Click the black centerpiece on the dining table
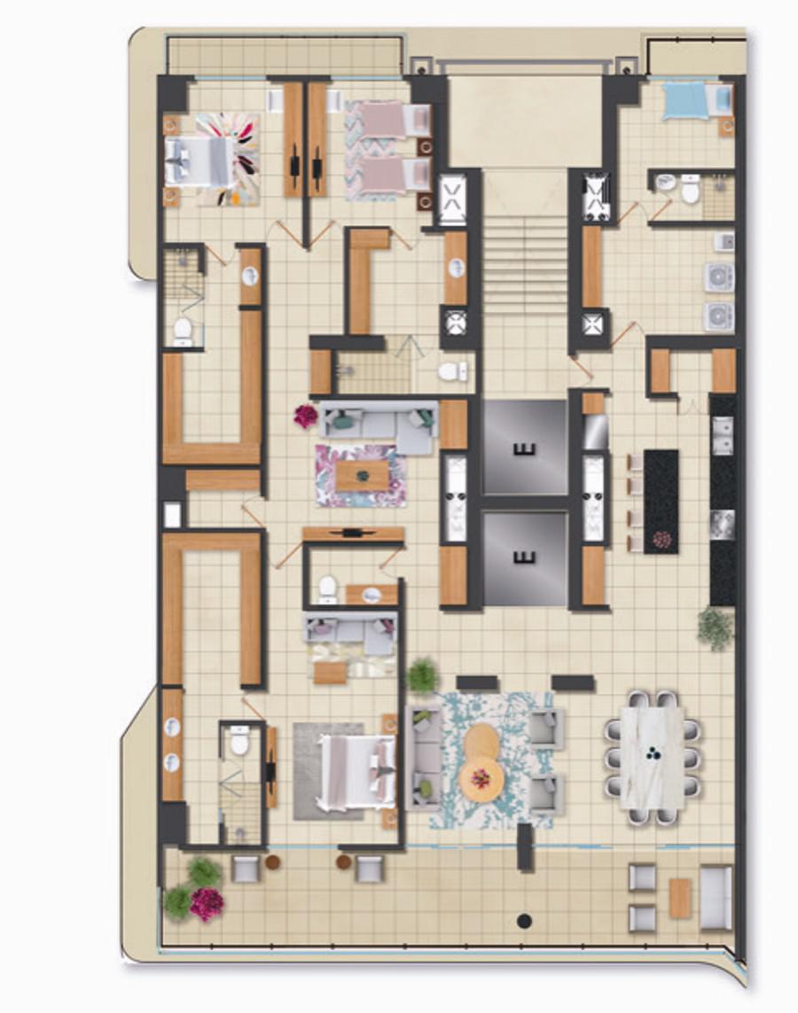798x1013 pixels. tap(652, 752)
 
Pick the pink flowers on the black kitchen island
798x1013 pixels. tap(661, 539)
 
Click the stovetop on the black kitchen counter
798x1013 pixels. tap(723, 524)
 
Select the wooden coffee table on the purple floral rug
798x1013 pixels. tap(363, 476)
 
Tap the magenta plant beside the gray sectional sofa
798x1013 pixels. tap(306, 416)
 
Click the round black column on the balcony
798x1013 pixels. tap(524, 921)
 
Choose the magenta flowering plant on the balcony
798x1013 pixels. tap(206, 903)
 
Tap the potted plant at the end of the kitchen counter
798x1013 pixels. tap(716, 628)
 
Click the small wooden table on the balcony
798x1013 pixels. tap(680, 898)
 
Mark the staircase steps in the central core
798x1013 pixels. tap(525, 255)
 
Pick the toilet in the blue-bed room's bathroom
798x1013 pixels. tap(691, 189)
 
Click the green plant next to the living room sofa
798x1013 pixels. tap(420, 675)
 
